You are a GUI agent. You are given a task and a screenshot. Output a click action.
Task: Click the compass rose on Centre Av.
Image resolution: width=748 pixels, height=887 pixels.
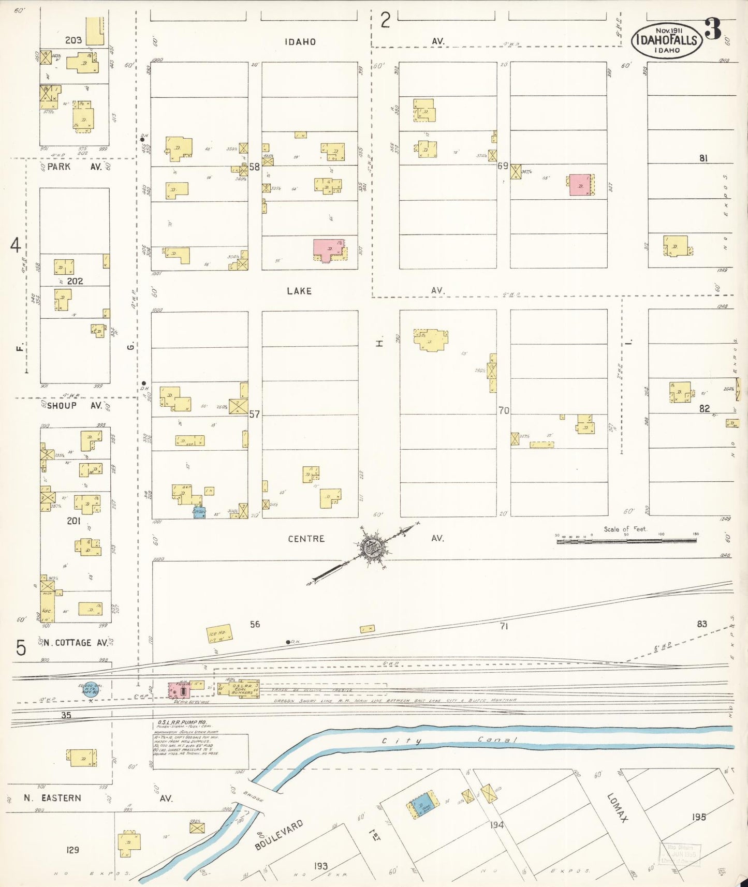click(371, 548)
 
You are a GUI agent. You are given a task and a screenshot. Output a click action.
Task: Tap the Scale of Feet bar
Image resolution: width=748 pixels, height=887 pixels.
click(626, 540)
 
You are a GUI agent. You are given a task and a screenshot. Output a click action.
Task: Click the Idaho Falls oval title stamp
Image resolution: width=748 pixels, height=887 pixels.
click(667, 40)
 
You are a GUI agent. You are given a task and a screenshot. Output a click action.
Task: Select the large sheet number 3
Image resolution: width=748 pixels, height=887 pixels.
click(713, 29)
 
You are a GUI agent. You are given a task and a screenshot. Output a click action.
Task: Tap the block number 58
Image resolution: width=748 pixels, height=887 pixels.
click(254, 167)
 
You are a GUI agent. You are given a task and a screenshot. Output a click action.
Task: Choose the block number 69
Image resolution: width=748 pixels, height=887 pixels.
click(503, 166)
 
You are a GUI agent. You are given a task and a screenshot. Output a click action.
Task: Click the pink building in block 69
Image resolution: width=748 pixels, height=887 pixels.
click(580, 185)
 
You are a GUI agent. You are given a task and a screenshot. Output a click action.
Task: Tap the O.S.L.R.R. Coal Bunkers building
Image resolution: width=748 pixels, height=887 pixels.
click(242, 688)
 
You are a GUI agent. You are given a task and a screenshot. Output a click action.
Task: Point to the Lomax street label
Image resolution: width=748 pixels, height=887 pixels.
click(618, 808)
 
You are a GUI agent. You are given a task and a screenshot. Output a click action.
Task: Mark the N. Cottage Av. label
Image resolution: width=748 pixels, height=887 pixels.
click(75, 643)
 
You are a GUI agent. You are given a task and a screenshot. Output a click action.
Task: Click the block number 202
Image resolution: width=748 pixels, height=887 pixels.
click(75, 281)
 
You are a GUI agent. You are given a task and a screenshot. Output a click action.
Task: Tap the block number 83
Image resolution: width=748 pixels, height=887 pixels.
click(701, 624)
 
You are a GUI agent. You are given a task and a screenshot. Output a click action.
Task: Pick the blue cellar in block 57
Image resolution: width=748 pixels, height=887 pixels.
click(199, 512)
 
